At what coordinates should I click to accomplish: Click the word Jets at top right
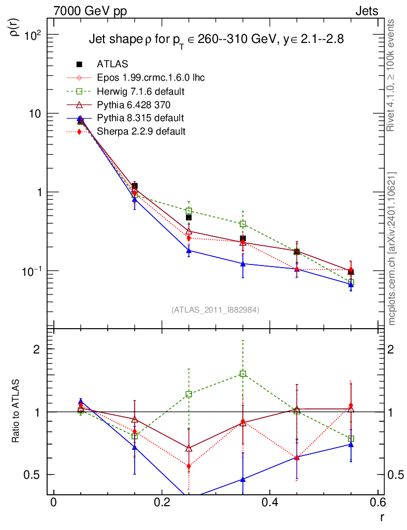[366, 11]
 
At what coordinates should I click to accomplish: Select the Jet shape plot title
[216, 40]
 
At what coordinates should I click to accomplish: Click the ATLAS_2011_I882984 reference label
[215, 310]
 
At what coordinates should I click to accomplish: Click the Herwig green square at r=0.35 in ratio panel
[243, 374]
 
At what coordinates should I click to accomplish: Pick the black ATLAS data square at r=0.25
[189, 217]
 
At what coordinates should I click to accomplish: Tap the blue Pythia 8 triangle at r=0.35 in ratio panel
[243, 479]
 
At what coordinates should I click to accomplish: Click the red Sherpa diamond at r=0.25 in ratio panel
[189, 466]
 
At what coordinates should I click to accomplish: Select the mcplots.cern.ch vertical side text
[392, 248]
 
